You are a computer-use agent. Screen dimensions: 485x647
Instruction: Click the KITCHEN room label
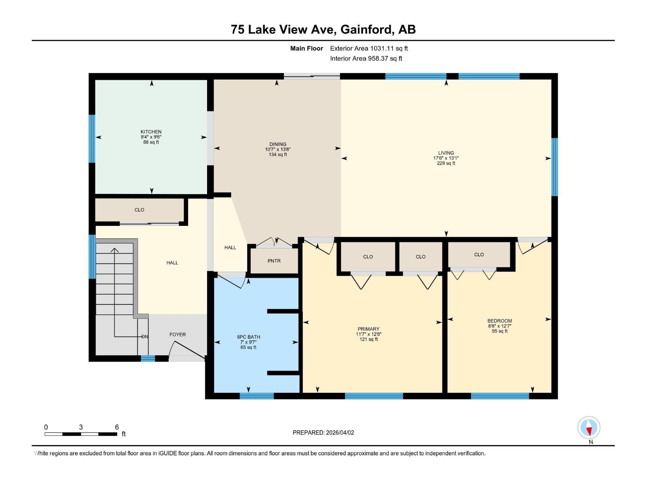click(x=151, y=132)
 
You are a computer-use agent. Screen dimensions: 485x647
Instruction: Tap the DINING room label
click(x=278, y=144)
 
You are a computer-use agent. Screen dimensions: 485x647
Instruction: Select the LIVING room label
click(x=446, y=153)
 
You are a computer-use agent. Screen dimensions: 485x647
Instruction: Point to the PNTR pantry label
click(x=274, y=261)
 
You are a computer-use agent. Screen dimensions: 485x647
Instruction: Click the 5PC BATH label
click(x=248, y=337)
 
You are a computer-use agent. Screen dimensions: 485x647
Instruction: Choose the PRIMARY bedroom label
click(x=368, y=329)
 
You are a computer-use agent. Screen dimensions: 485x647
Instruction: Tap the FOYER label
click(x=178, y=335)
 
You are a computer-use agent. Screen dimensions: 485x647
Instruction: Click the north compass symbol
click(x=589, y=428)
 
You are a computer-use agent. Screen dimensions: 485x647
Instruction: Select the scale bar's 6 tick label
click(x=117, y=427)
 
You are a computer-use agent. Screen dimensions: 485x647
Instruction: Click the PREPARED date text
click(x=323, y=432)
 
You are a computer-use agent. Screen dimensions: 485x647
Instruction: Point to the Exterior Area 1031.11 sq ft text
click(x=369, y=48)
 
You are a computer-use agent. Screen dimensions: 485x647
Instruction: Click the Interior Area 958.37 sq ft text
click(x=366, y=59)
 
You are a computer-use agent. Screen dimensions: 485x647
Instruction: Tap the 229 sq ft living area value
click(x=446, y=163)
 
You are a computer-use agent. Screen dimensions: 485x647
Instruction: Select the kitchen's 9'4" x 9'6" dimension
click(x=151, y=137)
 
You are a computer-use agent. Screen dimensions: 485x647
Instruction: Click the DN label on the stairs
click(x=145, y=337)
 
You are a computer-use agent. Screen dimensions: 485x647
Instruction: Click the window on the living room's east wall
click(x=555, y=167)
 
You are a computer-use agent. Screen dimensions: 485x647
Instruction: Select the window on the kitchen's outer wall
click(x=92, y=139)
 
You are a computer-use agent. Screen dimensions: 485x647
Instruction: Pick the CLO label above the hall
click(x=139, y=210)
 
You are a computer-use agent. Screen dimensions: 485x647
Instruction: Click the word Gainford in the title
click(x=367, y=30)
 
